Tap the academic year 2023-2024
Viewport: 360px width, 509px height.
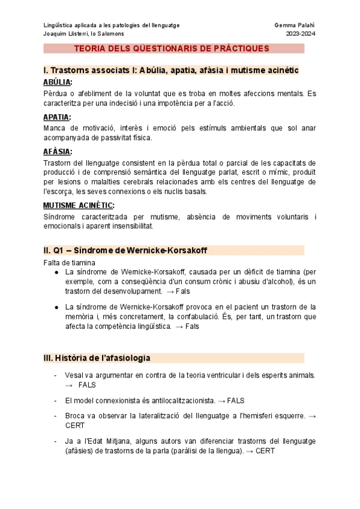tap(301, 34)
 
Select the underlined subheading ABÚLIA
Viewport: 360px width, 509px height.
tap(58, 82)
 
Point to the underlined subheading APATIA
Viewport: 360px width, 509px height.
tap(57, 117)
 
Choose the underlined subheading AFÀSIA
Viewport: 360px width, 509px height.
tap(58, 152)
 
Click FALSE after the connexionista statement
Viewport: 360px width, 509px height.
tap(236, 400)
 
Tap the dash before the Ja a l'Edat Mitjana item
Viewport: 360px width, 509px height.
tap(55, 441)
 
